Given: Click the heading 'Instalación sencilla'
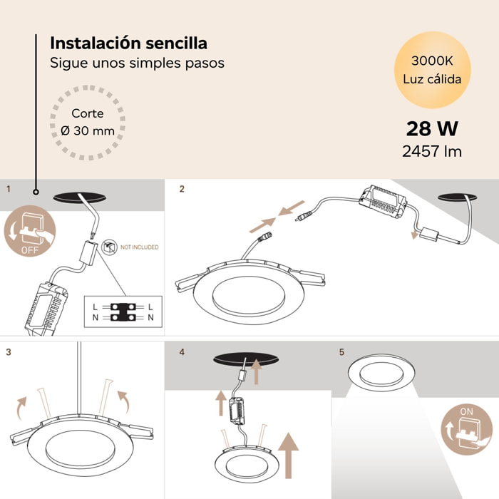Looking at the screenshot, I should click(x=128, y=43).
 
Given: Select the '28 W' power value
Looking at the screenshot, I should click(x=432, y=129).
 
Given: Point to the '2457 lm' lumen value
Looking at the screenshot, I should click(x=432, y=151).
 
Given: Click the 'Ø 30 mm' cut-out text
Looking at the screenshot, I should click(x=88, y=131).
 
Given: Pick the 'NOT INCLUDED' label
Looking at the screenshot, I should click(x=139, y=247).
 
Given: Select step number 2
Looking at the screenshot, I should click(x=182, y=189).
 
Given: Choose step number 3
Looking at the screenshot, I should click(x=8, y=352).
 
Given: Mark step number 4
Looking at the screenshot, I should click(x=182, y=352).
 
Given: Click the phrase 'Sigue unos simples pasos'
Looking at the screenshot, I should click(x=137, y=63).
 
